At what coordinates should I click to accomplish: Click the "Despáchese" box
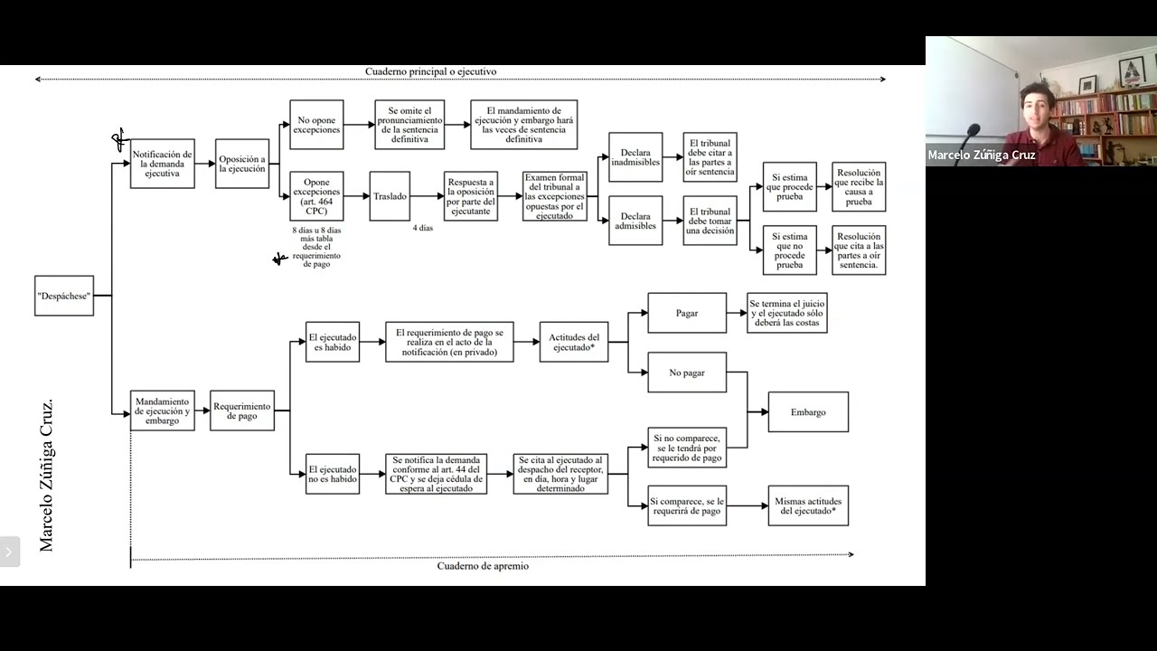pos(64,296)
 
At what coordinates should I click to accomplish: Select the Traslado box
pos(390,196)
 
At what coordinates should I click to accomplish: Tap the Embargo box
pos(808,411)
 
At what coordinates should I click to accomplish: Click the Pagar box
pos(687,313)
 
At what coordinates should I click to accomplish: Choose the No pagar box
pos(687,373)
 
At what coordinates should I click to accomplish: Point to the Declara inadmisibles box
pos(635,157)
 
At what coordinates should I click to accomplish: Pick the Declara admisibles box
pos(635,221)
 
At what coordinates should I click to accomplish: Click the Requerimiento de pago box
pos(242,410)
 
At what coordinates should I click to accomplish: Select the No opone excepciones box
pos(316,125)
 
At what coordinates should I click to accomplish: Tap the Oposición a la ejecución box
pos(242,164)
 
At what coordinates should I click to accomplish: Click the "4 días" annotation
pos(422,228)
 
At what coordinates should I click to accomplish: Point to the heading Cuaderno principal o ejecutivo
pos(431,71)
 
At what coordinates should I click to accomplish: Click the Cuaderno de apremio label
pos(483,566)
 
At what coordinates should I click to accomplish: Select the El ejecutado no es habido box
pos(333,475)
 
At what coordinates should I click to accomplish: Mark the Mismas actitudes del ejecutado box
pos(808,505)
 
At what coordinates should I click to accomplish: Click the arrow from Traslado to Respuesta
pos(428,196)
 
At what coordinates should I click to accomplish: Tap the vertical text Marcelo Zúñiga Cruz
pos(46,476)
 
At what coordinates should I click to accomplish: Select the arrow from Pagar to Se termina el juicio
pos(737,313)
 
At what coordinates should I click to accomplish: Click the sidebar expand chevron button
pos(9,552)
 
